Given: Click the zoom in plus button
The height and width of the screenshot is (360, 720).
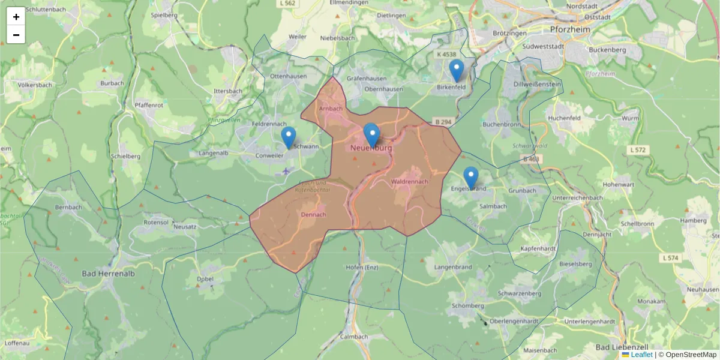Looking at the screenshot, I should click(x=16, y=17).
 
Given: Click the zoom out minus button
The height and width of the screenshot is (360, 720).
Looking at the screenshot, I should click(x=16, y=35).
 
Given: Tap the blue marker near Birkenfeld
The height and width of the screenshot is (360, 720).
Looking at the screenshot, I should click(x=457, y=71).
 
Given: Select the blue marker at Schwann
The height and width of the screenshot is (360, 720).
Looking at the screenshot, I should click(x=289, y=137).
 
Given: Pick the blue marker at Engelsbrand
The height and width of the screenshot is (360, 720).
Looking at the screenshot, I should click(x=471, y=178).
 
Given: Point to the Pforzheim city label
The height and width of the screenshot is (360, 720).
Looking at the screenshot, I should click(x=570, y=29).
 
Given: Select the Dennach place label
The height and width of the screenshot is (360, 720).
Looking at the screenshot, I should click(x=313, y=214).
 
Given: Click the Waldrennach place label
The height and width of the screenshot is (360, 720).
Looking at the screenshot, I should click(x=409, y=181).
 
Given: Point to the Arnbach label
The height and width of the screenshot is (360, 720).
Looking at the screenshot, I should click(x=331, y=109).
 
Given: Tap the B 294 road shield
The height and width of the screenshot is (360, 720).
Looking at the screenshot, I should click(x=442, y=122).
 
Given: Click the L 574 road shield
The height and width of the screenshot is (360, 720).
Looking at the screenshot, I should click(x=671, y=258).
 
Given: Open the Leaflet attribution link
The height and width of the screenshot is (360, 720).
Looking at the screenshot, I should click(x=641, y=355).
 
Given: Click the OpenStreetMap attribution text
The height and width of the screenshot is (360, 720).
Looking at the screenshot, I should click(x=691, y=355).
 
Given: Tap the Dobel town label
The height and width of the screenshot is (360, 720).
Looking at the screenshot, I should click(x=205, y=279).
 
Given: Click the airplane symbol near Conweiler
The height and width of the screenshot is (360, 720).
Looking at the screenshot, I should click(x=286, y=171).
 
